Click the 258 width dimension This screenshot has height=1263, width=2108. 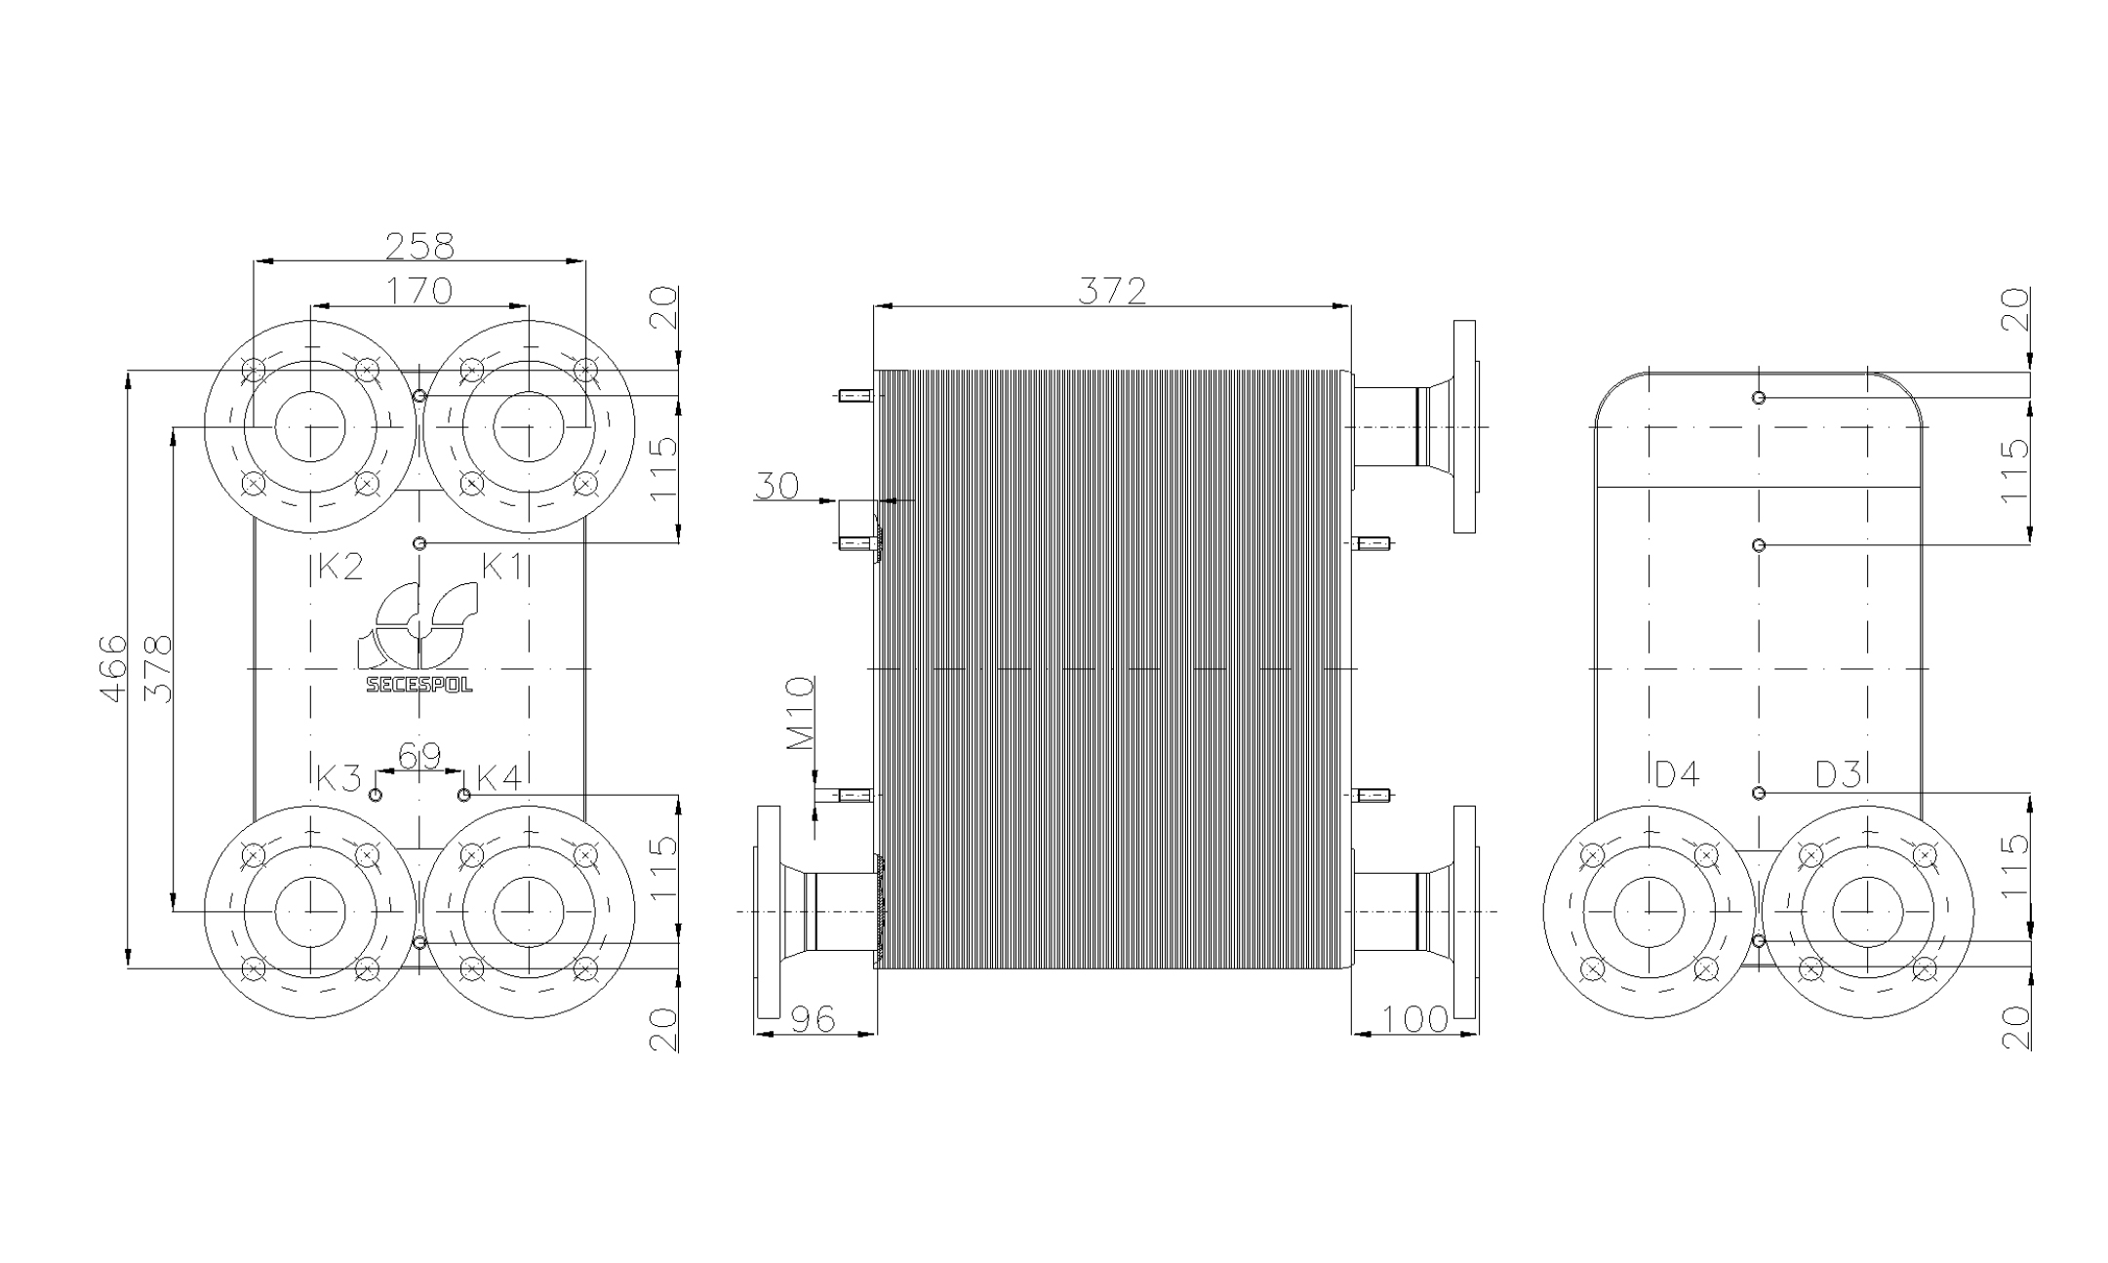419,247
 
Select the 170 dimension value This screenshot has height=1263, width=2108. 419,291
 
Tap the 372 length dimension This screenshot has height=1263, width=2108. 1112,291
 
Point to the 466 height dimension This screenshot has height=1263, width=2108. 114,668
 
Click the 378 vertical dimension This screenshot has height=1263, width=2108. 158,668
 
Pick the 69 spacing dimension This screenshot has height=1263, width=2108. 419,756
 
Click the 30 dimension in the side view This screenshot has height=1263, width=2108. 776,485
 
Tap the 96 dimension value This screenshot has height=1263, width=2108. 813,1019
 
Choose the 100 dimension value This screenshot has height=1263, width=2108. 1415,1019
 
